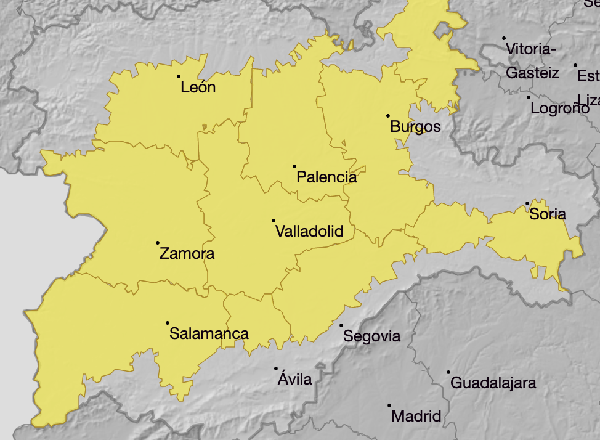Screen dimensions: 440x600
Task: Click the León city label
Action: pos(198,88)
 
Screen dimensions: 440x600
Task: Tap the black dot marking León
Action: pos(179,76)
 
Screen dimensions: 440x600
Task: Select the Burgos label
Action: pos(416,127)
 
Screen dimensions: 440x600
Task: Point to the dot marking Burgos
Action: pos(388,116)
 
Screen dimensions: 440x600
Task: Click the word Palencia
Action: pos(326,177)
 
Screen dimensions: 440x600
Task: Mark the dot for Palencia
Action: pos(294,166)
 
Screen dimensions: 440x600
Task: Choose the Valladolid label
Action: pos(309,232)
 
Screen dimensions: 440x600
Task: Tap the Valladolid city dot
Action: pos(274,221)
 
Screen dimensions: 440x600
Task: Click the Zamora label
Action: pos(187,253)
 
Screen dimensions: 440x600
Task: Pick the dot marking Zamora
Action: pos(158,243)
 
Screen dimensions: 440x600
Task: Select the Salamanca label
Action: pos(209,334)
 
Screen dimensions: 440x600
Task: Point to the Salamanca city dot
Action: pos(168,323)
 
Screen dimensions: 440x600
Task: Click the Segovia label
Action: pos(371,336)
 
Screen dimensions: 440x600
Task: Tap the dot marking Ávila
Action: pos(276,369)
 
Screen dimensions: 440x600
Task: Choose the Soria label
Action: pos(547,214)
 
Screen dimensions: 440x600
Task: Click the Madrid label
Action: pos(416,416)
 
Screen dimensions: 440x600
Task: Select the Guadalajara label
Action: pos(493,383)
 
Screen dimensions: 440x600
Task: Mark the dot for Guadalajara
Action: pos(448,372)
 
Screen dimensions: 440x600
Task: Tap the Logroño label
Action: pos(560,108)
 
